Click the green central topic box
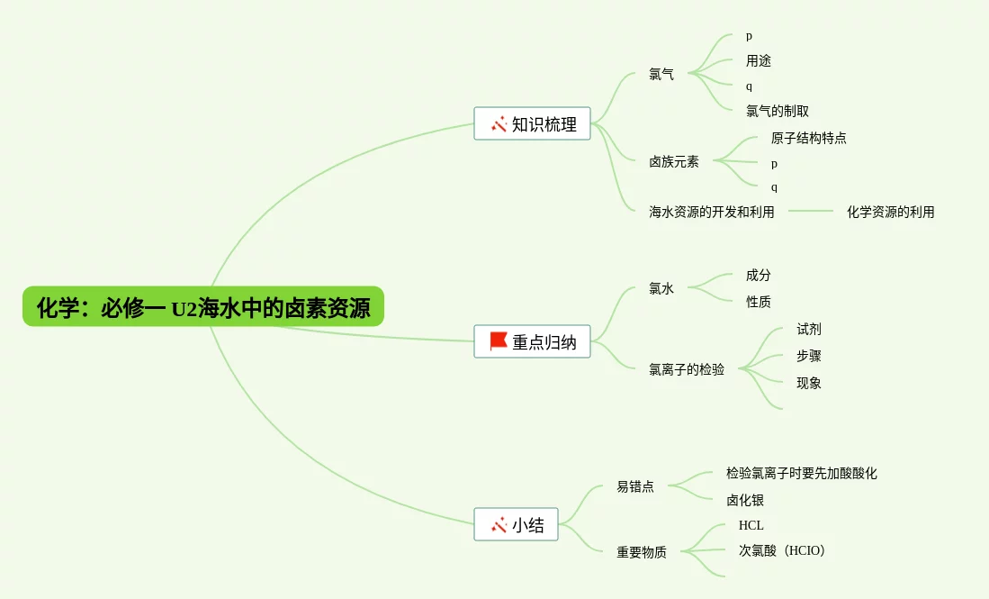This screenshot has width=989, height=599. click(203, 307)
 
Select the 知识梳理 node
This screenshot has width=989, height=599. click(532, 123)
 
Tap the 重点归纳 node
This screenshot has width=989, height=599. click(532, 341)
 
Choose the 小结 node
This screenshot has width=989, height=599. click(516, 524)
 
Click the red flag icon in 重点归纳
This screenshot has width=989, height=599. click(499, 341)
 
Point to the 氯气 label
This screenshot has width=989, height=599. click(661, 75)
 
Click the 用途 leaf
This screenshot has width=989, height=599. click(759, 61)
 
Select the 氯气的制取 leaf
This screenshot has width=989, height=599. click(778, 111)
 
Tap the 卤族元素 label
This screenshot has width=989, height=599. click(674, 162)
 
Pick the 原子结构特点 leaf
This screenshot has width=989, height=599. click(809, 138)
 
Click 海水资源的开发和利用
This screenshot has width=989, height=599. click(712, 212)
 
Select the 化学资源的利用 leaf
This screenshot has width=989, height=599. click(891, 212)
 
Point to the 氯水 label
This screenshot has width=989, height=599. click(661, 289)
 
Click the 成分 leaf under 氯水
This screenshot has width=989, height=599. click(759, 276)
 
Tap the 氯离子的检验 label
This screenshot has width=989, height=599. click(687, 369)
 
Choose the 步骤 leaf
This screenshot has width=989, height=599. click(809, 356)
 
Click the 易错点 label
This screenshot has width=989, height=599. click(635, 486)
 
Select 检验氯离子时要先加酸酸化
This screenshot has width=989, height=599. click(802, 473)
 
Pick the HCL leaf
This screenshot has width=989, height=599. click(751, 525)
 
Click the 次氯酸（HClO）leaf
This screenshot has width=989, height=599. click(782, 550)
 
